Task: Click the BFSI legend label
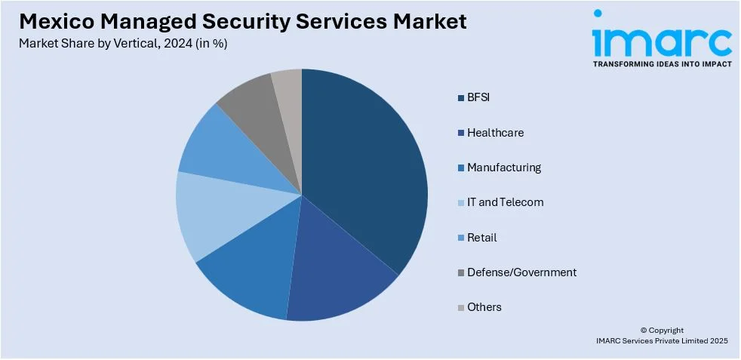[478, 97]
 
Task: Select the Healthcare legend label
[495, 133]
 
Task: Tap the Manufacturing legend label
[503, 168]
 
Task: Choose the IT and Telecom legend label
[505, 202]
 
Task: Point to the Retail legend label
[481, 238]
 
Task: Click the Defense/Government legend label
[521, 272]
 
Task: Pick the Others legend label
[484, 307]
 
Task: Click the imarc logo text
[662, 42]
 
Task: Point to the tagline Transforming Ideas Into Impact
[662, 65]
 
